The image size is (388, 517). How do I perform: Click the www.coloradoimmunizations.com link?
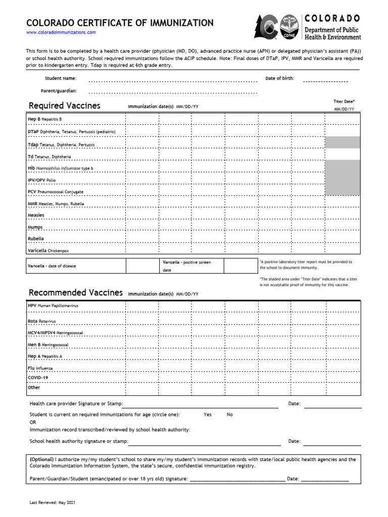61,32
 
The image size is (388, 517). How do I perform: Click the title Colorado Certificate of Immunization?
120,23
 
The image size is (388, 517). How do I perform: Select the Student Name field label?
61,79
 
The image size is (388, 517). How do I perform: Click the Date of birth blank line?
325,80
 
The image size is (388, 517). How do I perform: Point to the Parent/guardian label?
59,91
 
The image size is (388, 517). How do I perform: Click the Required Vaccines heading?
64,106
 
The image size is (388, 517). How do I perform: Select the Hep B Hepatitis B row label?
44,119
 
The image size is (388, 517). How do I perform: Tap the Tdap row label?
61,145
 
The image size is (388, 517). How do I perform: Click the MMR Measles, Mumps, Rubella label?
56,204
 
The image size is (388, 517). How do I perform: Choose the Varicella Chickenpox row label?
48,250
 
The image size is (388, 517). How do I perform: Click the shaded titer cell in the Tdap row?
343,142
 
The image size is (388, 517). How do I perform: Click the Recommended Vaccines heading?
75,293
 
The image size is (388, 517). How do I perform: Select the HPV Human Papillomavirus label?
53,306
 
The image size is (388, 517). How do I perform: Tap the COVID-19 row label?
38,378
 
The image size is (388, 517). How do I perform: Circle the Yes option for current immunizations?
208,415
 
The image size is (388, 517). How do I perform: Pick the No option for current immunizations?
230,415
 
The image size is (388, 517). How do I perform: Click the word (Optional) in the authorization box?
41,459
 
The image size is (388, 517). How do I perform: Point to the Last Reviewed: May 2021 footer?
53,503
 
